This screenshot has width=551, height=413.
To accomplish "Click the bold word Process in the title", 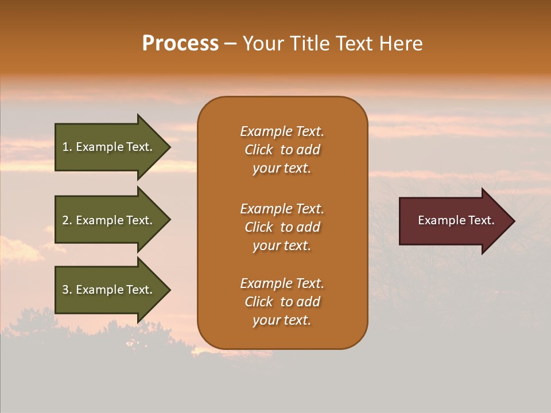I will [180, 44].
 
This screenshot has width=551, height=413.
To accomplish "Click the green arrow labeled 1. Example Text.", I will [109, 147].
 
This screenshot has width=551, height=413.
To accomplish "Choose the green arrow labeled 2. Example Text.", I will [109, 220].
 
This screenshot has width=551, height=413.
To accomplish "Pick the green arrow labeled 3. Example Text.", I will [109, 290].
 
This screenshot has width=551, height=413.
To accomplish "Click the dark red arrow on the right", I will [453, 221].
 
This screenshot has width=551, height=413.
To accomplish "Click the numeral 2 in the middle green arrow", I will [65, 220].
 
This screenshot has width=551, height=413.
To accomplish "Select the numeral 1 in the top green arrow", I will [65, 147].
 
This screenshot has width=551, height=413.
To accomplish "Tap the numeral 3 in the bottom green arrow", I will [65, 290].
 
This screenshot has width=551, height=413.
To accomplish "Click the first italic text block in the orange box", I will [282, 150].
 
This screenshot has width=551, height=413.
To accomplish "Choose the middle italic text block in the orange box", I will [282, 227].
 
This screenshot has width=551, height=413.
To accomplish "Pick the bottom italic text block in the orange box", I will [282, 302].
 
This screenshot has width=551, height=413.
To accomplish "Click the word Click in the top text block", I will [258, 150].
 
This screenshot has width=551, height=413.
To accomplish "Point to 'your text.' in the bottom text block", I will [282, 320].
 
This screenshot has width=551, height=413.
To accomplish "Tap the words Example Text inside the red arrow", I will [456, 220].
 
